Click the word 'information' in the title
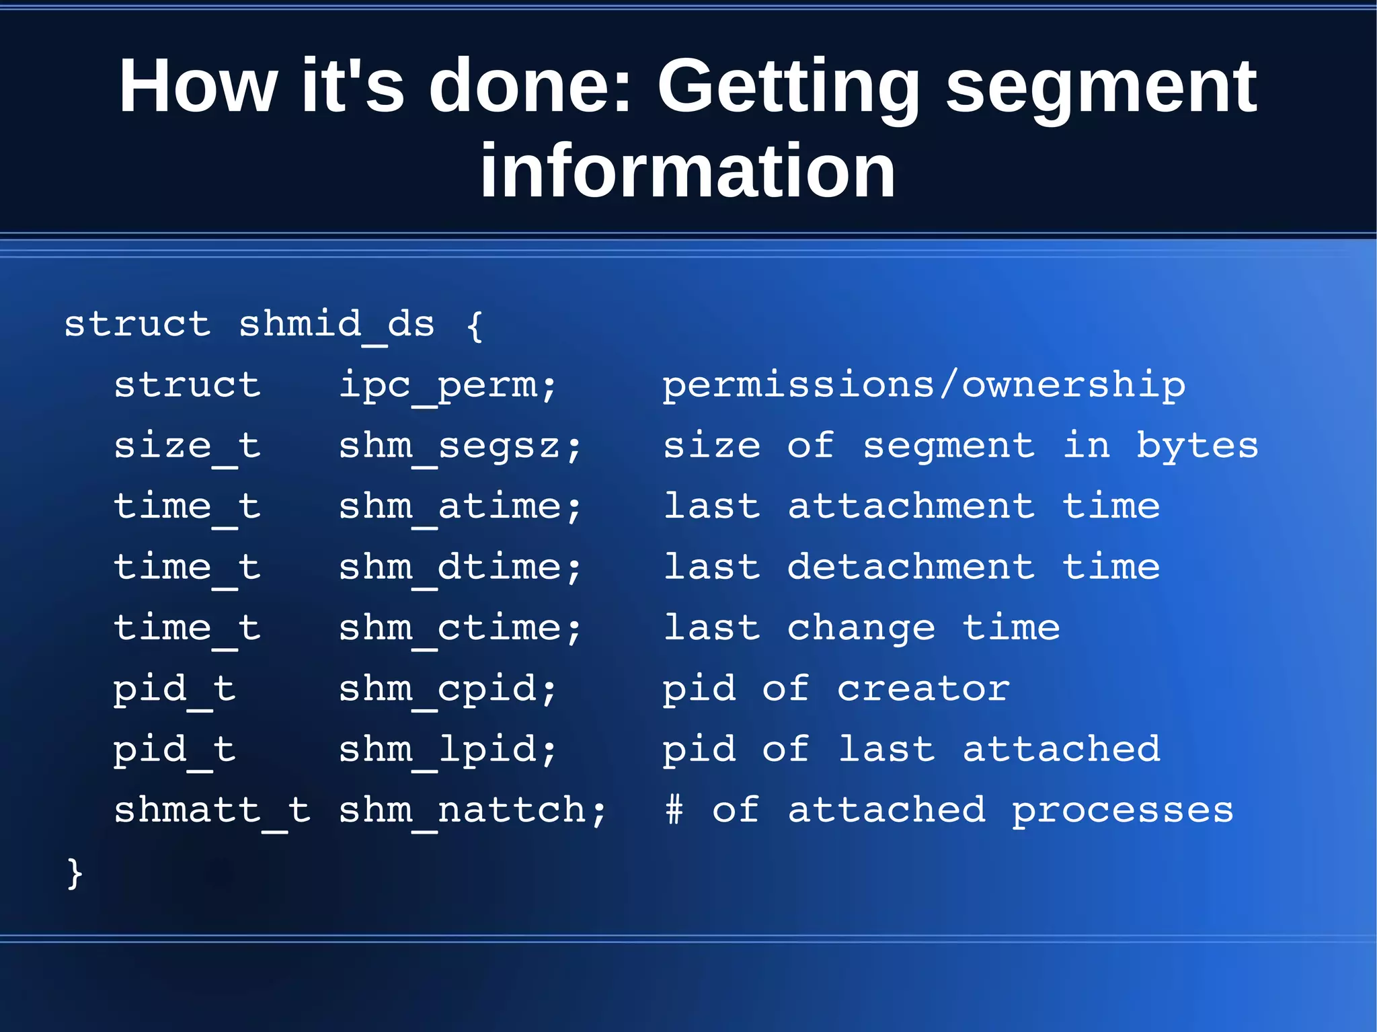687,171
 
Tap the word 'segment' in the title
1101,87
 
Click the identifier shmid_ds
337,325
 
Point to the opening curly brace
475,325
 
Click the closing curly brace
75,873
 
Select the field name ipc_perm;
448,386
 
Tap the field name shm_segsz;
460,446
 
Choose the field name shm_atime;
460,507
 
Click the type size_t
187,446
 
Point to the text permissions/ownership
924,386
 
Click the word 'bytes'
1197,446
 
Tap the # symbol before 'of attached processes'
674,809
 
